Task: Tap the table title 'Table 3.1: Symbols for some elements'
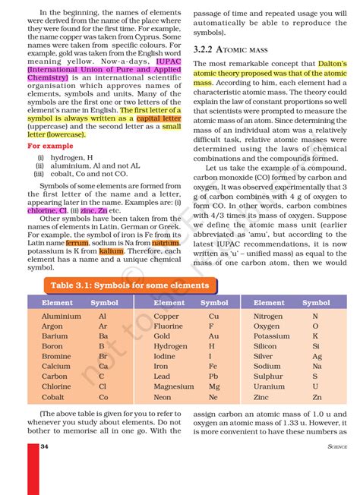point(129,285)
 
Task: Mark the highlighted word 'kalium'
point(111,250)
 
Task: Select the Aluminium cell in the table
point(61,316)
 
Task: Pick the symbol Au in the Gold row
point(213,336)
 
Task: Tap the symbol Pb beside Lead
point(213,376)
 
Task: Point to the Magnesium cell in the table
point(173,386)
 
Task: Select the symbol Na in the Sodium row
point(316,366)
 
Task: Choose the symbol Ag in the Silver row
point(317,356)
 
